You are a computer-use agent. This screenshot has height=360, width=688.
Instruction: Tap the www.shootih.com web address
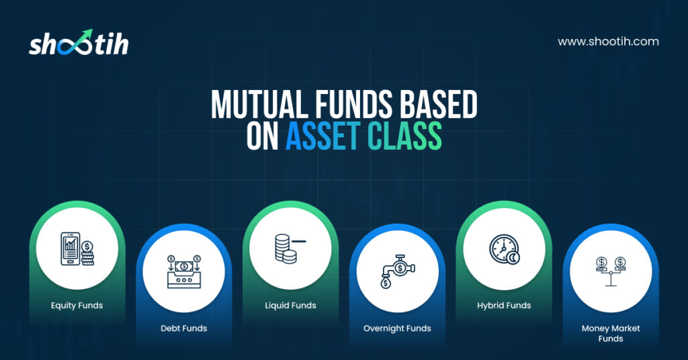[608, 42]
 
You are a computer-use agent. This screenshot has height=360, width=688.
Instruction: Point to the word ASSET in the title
[322, 136]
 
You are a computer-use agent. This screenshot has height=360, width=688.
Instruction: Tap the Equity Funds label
[77, 306]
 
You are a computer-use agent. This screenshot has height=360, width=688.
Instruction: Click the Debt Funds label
[184, 328]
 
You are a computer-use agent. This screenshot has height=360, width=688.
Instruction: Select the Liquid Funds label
[290, 305]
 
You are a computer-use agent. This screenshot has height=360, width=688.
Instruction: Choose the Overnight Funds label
[397, 328]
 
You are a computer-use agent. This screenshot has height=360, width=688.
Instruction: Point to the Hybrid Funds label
[504, 306]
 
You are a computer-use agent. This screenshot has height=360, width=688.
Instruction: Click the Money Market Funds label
[611, 333]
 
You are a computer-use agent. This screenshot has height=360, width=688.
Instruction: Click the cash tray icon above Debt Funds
[184, 271]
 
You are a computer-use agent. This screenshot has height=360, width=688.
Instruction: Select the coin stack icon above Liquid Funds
[290, 249]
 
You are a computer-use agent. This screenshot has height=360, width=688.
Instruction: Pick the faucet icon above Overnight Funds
[398, 271]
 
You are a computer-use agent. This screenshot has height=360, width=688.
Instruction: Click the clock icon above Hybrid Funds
[505, 249]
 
